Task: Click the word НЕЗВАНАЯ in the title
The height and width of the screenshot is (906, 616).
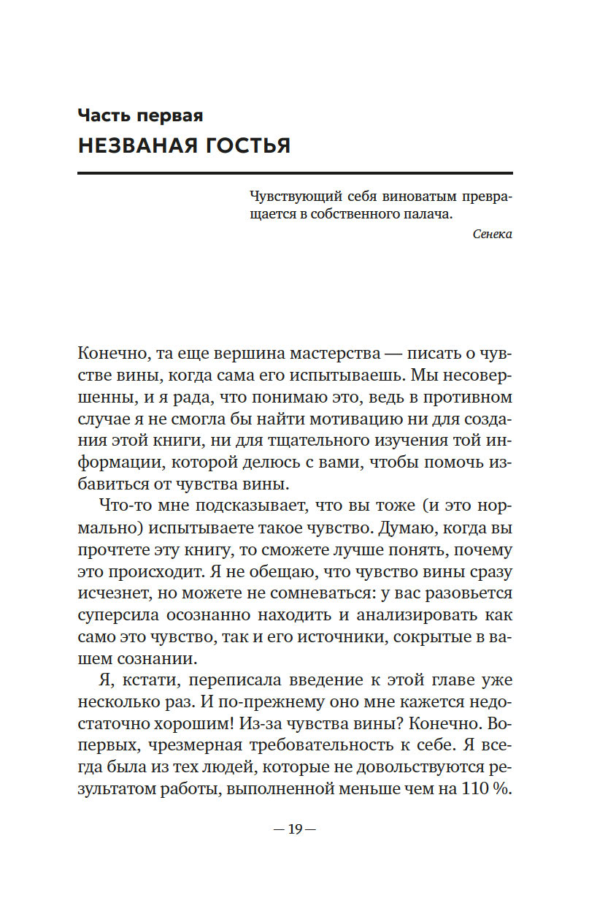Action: point(135,145)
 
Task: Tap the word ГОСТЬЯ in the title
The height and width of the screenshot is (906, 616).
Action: point(245,145)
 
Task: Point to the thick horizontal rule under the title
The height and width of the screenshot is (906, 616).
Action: point(295,173)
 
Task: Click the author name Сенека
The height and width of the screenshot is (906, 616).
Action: point(492,235)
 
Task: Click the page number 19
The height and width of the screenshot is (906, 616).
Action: point(295,829)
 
